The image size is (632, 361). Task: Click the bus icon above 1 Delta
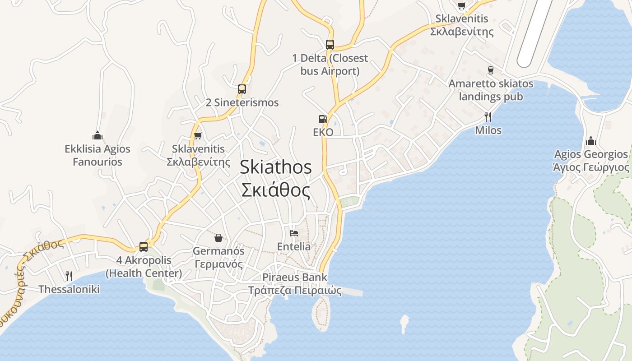[x=330, y=44]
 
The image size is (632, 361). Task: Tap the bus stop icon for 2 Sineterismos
[x=242, y=89]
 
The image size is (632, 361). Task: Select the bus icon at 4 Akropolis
[x=144, y=246]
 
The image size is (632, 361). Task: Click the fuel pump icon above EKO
[x=323, y=119]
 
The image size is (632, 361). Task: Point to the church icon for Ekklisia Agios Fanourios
[x=98, y=135]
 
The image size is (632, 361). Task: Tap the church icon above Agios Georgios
[x=591, y=141]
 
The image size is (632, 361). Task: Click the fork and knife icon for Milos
[x=488, y=117]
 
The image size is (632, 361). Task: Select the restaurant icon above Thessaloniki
[x=69, y=276]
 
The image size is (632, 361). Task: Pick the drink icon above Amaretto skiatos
[x=490, y=70]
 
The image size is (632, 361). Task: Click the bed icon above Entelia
[x=294, y=233]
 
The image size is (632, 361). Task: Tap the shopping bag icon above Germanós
[x=218, y=237]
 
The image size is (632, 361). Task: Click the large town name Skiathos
[x=275, y=167]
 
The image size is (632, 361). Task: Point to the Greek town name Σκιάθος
[x=275, y=190]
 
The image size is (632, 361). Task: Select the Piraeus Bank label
[x=295, y=277]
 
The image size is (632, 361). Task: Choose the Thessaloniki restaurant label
[x=69, y=289]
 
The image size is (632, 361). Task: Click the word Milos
[x=488, y=130]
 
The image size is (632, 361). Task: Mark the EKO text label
[x=323, y=132]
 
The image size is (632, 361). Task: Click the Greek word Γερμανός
[x=218, y=264]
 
